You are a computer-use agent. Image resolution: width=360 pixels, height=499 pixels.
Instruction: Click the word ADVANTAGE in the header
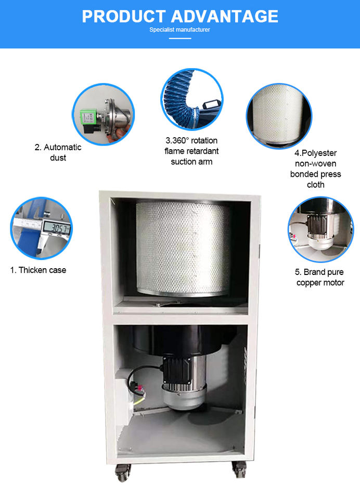point(225,16)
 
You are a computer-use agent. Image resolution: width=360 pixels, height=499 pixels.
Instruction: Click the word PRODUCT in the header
point(123,16)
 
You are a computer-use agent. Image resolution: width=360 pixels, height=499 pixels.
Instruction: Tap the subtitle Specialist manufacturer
point(179,30)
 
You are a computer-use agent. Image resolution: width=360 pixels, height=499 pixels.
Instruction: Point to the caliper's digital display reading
point(56,228)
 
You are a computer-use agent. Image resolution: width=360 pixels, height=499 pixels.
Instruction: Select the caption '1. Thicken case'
point(38,270)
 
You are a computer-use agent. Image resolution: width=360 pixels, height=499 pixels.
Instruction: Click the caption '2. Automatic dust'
point(58,152)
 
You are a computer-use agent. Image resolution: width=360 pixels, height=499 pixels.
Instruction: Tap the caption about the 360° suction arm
point(191,151)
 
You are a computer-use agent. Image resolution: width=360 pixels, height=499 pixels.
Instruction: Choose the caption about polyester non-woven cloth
point(315,168)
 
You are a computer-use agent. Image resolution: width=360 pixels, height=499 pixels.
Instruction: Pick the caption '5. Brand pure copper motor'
point(320,277)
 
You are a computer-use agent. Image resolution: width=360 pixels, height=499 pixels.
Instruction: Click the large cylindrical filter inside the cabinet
point(183,248)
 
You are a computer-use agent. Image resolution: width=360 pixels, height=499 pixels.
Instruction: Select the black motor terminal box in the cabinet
point(175,370)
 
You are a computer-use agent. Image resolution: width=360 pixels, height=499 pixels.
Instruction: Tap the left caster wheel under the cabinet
point(123,472)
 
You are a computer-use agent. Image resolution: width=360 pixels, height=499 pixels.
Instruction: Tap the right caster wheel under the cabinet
point(239,469)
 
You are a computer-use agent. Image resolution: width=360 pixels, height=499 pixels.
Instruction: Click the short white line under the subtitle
point(180,38)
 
